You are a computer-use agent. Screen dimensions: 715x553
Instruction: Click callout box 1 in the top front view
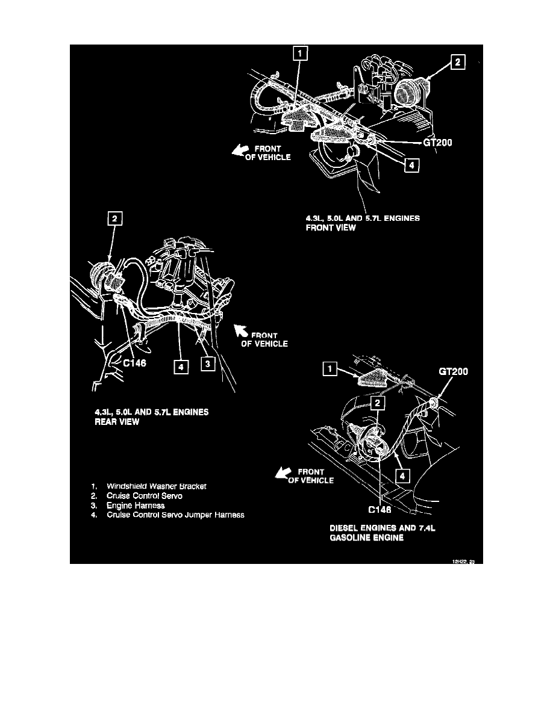(x=299, y=55)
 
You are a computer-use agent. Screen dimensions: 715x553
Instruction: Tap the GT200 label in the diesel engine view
(x=453, y=373)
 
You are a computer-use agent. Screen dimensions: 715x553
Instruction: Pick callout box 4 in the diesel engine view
(x=403, y=475)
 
